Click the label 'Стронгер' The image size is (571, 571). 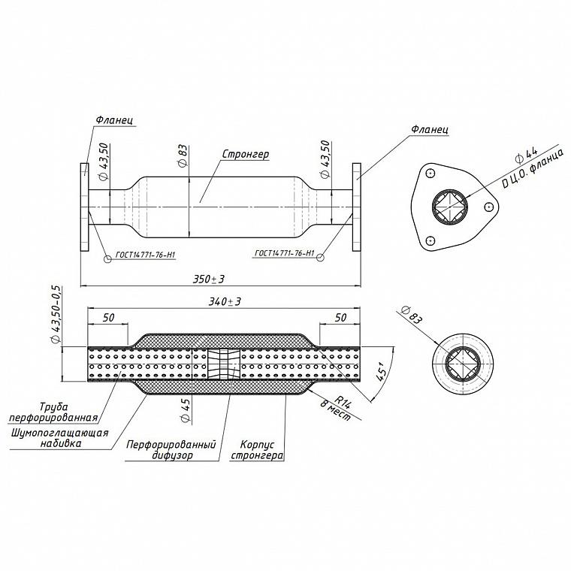(x=246, y=155)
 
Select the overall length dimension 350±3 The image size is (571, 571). (x=209, y=279)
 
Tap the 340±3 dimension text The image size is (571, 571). (x=225, y=301)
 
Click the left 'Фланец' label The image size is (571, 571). (x=114, y=119)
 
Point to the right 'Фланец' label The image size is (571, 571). (x=430, y=129)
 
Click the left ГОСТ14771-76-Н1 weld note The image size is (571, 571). (x=146, y=255)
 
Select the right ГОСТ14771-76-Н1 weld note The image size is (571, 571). (x=284, y=252)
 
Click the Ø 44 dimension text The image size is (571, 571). (x=526, y=155)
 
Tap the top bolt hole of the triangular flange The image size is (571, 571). (x=431, y=174)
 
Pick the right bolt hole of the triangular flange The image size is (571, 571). (x=488, y=207)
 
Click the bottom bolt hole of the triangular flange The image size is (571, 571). (x=431, y=240)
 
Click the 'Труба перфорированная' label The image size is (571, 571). (x=53, y=412)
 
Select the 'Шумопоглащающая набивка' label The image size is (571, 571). (x=60, y=438)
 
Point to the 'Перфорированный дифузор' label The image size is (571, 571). (x=171, y=450)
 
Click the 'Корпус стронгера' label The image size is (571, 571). (x=257, y=450)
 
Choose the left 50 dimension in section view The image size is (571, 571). (x=108, y=318)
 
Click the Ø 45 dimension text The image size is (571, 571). (x=186, y=410)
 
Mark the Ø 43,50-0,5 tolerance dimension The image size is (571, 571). (x=56, y=315)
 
